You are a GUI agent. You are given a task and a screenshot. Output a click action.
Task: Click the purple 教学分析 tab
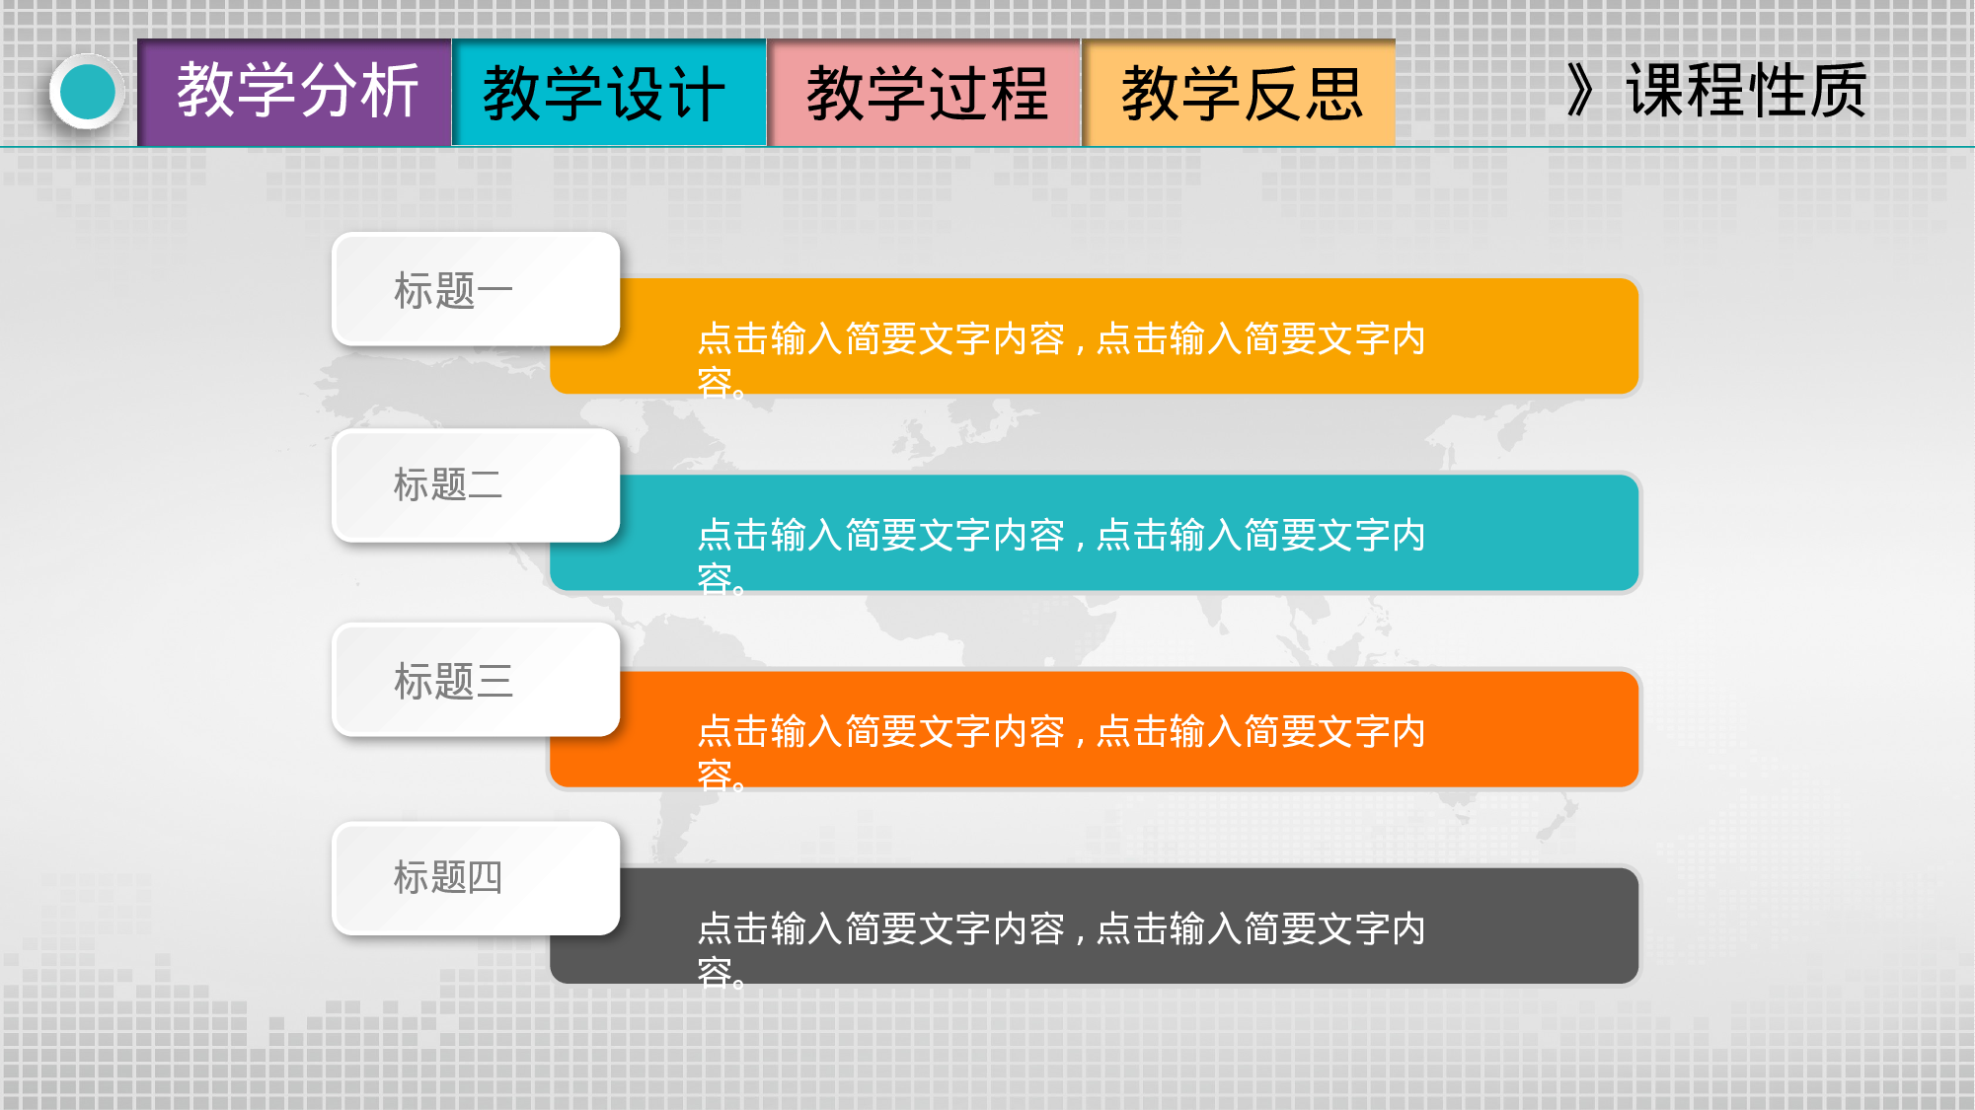tap(294, 93)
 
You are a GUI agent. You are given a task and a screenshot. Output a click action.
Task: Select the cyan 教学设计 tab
tap(608, 93)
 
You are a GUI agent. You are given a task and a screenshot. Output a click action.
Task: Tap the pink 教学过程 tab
tap(924, 93)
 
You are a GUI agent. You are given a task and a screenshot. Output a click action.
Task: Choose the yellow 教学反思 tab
tap(1239, 93)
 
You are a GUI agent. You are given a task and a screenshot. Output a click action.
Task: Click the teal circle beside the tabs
tap(88, 92)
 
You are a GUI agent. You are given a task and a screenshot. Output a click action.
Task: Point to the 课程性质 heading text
tap(1745, 91)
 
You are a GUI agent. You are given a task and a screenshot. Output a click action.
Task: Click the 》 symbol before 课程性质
tap(1580, 91)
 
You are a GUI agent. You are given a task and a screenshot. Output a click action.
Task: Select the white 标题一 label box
tap(476, 290)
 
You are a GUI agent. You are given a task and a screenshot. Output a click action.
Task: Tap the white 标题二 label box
tap(476, 485)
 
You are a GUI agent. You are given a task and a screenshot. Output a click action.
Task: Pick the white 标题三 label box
tap(476, 681)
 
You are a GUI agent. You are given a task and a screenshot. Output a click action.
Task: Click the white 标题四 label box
tap(476, 877)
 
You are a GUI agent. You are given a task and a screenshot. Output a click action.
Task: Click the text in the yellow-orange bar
tap(1061, 340)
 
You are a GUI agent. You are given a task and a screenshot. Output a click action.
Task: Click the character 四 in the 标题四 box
tap(485, 877)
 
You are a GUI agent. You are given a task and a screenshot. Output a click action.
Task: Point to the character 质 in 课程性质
tap(1837, 91)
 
